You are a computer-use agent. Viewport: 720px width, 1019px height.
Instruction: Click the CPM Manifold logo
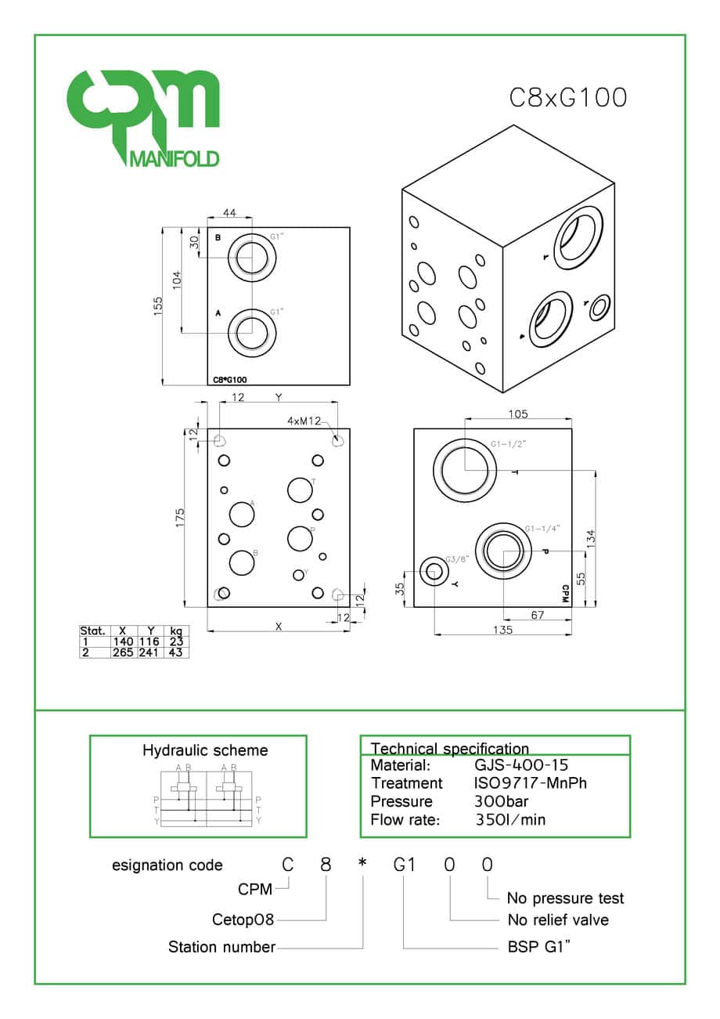[x=142, y=117]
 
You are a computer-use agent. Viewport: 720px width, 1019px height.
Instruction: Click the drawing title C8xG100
[x=568, y=98]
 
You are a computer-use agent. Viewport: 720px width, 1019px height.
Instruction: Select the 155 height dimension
[x=159, y=305]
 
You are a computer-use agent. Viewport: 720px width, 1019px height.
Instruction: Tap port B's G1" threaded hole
[x=252, y=257]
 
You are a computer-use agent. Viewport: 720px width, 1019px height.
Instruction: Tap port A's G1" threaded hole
[x=252, y=332]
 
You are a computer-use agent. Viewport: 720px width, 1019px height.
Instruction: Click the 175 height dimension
[x=180, y=518]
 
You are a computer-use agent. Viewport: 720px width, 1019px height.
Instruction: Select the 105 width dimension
[x=518, y=414]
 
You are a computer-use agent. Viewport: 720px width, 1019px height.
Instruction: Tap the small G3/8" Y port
[x=432, y=572]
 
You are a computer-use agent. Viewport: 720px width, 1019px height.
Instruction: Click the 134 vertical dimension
[x=592, y=537]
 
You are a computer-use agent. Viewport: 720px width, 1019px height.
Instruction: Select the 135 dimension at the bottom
[x=504, y=630]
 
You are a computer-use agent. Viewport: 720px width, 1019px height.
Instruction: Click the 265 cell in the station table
[x=123, y=652]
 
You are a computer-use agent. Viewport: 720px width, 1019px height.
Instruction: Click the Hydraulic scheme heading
[x=204, y=750]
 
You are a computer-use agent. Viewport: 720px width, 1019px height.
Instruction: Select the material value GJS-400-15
[x=521, y=765]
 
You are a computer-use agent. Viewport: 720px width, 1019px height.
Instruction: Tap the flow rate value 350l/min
[x=510, y=820]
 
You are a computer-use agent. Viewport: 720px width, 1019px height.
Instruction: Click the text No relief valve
[x=557, y=920]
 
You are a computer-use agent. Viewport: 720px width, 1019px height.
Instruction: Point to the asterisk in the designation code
[x=362, y=865]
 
